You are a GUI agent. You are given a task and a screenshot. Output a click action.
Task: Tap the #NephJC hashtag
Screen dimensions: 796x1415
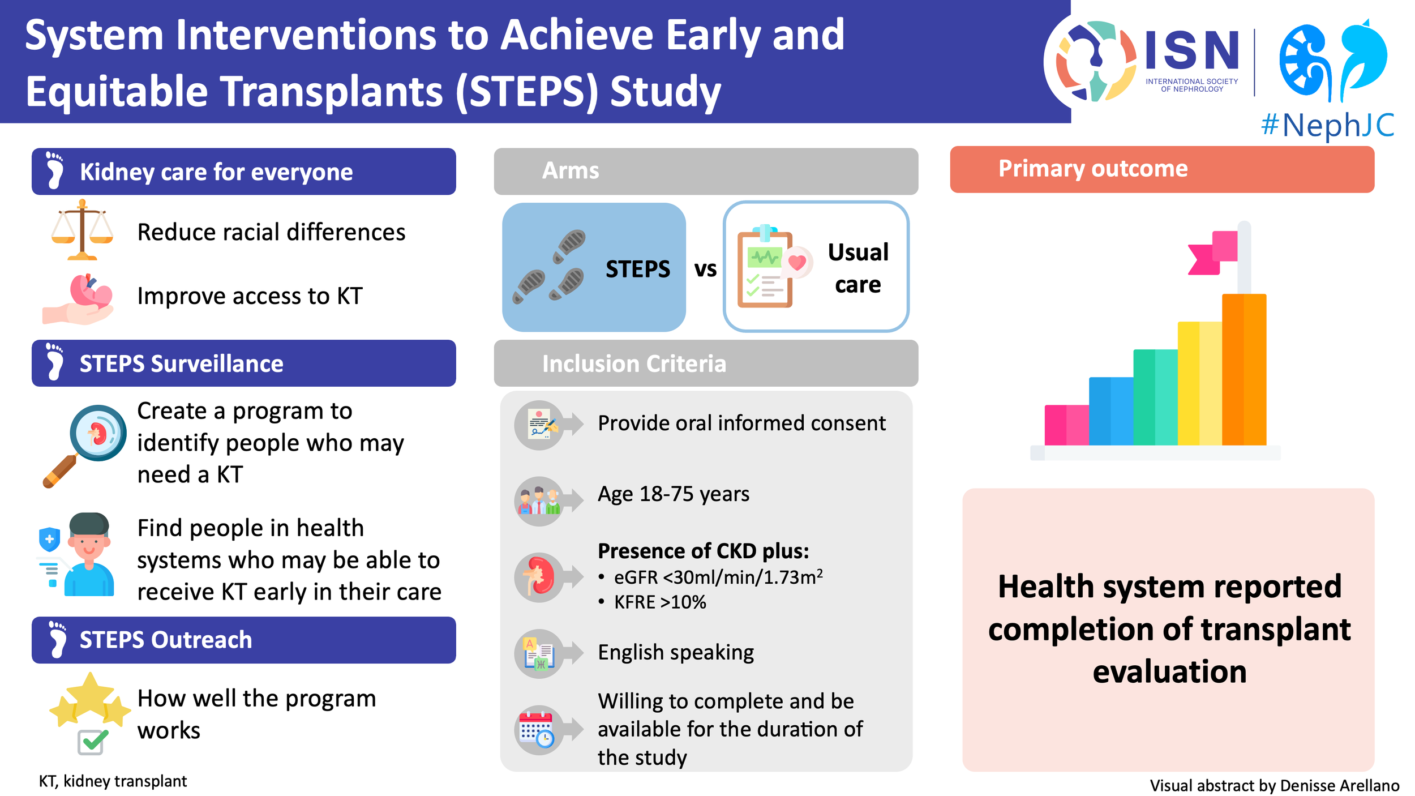[x=1327, y=125]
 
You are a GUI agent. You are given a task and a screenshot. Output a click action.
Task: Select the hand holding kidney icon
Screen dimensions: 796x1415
[x=79, y=299]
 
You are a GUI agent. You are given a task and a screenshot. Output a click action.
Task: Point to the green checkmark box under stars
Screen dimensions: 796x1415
[x=91, y=741]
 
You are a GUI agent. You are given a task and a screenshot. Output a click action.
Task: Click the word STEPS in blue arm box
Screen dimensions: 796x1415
[x=637, y=269]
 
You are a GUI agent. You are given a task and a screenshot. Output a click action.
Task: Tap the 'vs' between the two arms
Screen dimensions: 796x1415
[x=705, y=269]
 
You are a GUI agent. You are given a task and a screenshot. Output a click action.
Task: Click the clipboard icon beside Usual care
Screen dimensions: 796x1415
[x=765, y=267]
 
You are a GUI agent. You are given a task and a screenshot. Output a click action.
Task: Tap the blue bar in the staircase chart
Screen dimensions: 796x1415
[x=1110, y=410]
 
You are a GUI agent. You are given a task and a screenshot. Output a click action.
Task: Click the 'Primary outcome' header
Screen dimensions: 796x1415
[x=1092, y=169]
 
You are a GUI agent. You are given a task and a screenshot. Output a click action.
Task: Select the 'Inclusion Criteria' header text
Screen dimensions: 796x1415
[x=634, y=363]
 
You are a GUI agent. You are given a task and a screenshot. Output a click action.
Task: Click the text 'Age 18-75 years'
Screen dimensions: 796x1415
[x=674, y=494]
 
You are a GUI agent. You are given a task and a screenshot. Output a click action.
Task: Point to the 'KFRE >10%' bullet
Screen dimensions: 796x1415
[x=659, y=602]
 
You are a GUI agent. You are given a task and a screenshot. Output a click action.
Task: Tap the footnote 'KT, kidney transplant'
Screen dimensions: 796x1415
[x=113, y=781]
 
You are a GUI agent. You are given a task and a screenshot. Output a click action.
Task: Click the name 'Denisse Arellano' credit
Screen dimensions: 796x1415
[x=1339, y=785]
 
